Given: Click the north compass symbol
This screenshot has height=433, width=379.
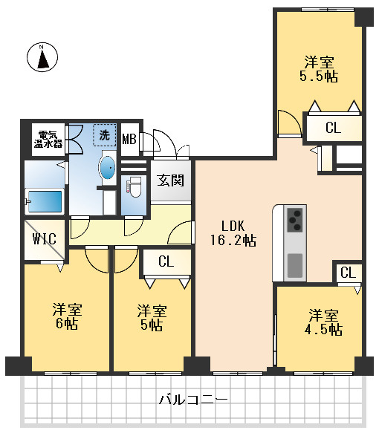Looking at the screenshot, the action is [42, 57].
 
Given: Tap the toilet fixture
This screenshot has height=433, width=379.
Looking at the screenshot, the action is [135, 187].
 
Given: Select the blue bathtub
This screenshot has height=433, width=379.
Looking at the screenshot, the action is [45, 201].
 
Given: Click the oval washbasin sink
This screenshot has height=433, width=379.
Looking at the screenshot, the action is [108, 168].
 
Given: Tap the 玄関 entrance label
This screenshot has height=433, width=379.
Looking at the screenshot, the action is [171, 180].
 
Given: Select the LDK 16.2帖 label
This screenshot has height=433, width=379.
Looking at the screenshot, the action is [233, 233].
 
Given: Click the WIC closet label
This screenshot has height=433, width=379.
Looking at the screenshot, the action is [44, 239].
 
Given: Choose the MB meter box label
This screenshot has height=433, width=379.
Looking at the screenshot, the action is [129, 139].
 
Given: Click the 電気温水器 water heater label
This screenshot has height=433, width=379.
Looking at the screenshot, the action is [48, 139].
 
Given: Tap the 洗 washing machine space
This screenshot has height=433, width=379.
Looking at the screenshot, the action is [105, 135].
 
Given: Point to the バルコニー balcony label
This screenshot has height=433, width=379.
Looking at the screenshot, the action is [193, 400].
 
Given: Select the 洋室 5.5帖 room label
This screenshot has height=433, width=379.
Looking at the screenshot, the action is [319, 69].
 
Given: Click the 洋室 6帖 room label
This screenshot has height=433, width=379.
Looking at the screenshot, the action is [67, 316].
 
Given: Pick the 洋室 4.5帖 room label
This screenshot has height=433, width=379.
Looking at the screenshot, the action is [323, 322].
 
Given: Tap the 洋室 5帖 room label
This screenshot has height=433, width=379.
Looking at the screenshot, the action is [152, 318].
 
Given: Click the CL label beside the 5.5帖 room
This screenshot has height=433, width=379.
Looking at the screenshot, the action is [333, 128].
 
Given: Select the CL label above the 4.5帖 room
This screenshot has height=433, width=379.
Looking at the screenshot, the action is [348, 273].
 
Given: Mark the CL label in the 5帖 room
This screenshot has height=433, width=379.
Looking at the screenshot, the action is [166, 261].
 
